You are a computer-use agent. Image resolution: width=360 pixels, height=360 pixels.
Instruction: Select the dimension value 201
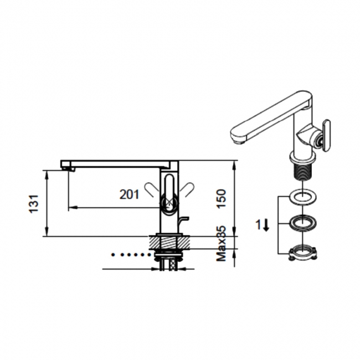point(129,194)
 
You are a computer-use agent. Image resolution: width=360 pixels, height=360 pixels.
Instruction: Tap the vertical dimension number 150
point(221,198)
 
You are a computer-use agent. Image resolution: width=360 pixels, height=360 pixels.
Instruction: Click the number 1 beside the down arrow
point(258,224)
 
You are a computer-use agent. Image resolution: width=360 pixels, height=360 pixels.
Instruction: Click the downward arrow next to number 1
point(266,225)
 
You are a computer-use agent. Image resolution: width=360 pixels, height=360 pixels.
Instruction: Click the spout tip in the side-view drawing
point(66,167)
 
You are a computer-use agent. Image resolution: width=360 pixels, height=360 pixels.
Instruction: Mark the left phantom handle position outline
point(152,190)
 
